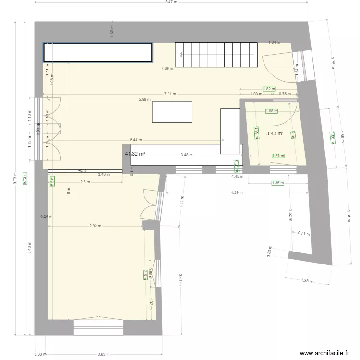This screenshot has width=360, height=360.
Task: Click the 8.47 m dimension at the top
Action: [171, 2]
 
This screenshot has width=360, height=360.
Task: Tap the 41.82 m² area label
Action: [135, 154]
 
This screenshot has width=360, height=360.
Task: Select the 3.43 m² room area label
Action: [275, 134]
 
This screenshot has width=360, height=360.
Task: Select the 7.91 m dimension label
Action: [169, 94]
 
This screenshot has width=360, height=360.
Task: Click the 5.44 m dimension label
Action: [135, 140]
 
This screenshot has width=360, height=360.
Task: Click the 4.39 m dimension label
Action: [237, 192]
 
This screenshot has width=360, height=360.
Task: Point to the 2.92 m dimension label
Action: [95, 226]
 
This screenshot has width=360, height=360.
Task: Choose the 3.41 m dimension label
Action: [180, 279]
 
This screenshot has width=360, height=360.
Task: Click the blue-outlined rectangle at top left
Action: [98, 52]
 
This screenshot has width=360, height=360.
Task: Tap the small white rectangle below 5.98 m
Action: [172, 112]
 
